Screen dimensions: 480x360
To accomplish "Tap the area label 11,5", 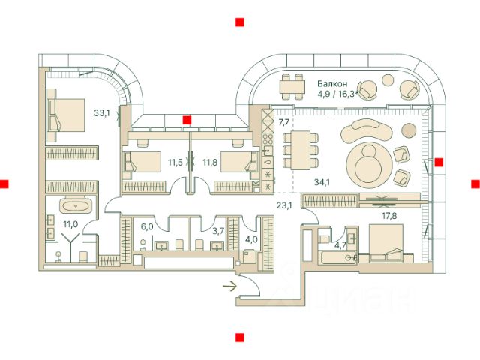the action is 175,161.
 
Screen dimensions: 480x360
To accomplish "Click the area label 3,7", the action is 218,232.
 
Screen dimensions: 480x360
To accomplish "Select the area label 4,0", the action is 252,240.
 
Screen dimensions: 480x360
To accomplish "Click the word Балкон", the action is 332,84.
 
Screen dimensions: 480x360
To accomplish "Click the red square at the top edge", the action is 238,22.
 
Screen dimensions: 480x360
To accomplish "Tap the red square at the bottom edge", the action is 238,337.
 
